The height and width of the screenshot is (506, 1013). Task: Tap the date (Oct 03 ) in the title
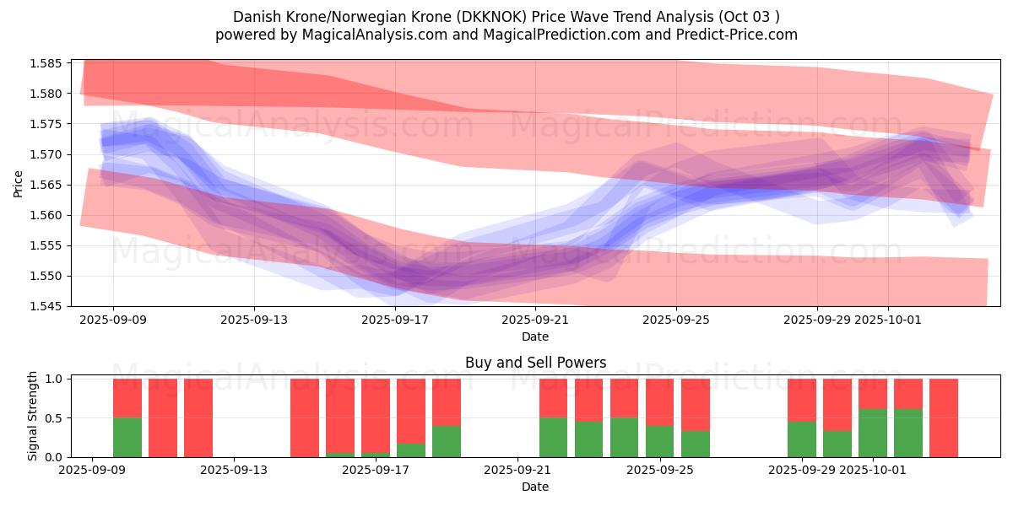(750, 17)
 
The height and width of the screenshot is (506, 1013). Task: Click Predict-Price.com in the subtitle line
(733, 35)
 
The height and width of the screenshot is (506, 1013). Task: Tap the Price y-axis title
(19, 183)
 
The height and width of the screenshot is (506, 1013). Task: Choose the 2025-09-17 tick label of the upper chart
(395, 320)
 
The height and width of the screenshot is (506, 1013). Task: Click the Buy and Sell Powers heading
(535, 363)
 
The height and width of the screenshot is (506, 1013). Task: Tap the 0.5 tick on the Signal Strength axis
(52, 418)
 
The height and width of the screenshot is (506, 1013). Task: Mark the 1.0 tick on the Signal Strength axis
(52, 379)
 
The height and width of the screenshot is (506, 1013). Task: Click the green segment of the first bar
(127, 437)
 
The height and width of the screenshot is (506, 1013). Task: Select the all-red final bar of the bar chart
(944, 417)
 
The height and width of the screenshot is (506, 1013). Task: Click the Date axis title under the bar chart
(535, 487)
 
